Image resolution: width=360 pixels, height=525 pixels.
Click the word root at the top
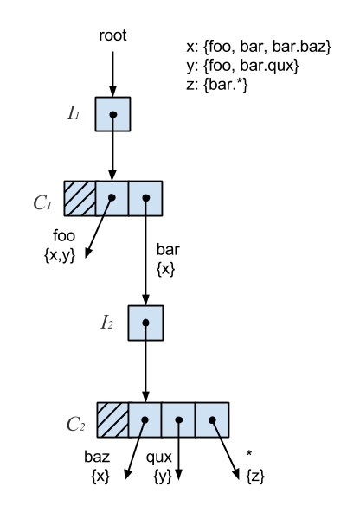pos(112,35)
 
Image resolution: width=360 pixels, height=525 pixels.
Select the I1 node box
pos(112,114)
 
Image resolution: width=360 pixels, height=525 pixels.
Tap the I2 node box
pos(145,323)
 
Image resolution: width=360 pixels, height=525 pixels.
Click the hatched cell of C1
pos(80,199)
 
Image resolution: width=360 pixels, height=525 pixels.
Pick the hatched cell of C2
pos(112,419)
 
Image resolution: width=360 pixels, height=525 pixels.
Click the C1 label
pos(42,202)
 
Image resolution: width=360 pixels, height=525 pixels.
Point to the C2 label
pos(75,424)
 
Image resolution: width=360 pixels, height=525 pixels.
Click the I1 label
pos(74,112)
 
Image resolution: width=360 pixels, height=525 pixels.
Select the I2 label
pos(106,323)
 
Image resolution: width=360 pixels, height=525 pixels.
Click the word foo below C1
pos(64,236)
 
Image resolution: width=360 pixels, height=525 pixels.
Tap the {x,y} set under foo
pos(60,256)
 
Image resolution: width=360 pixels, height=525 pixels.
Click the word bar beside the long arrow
pos(168,249)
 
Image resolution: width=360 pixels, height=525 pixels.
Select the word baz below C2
pos(97,457)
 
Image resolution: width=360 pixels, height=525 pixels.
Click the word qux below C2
pos(159,458)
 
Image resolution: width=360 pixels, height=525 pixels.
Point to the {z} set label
pos(255,476)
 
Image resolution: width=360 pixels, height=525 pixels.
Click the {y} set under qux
pos(163,477)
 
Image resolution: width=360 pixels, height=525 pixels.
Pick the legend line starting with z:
pos(217,85)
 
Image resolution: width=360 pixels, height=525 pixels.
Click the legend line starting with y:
pos(242,66)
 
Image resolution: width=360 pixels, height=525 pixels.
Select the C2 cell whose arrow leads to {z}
pos(212,419)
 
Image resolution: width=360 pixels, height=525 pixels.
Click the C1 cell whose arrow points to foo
pos(112,199)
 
